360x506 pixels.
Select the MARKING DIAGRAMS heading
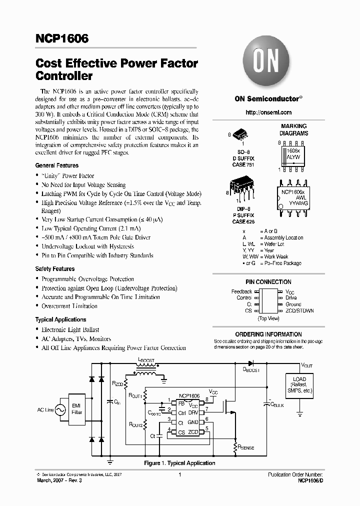pyautogui.click(x=293, y=130)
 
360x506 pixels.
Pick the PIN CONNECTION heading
pyautogui.click(x=268, y=282)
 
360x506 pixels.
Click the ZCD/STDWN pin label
pyautogui.click(x=299, y=310)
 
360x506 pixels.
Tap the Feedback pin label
pyautogui.click(x=241, y=291)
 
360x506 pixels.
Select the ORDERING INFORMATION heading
pyautogui.click(x=268, y=334)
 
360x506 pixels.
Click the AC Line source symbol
pyautogui.click(x=60, y=410)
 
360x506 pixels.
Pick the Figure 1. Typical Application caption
pyautogui.click(x=179, y=463)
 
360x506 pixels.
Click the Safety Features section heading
pyautogui.click(x=55, y=269)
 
